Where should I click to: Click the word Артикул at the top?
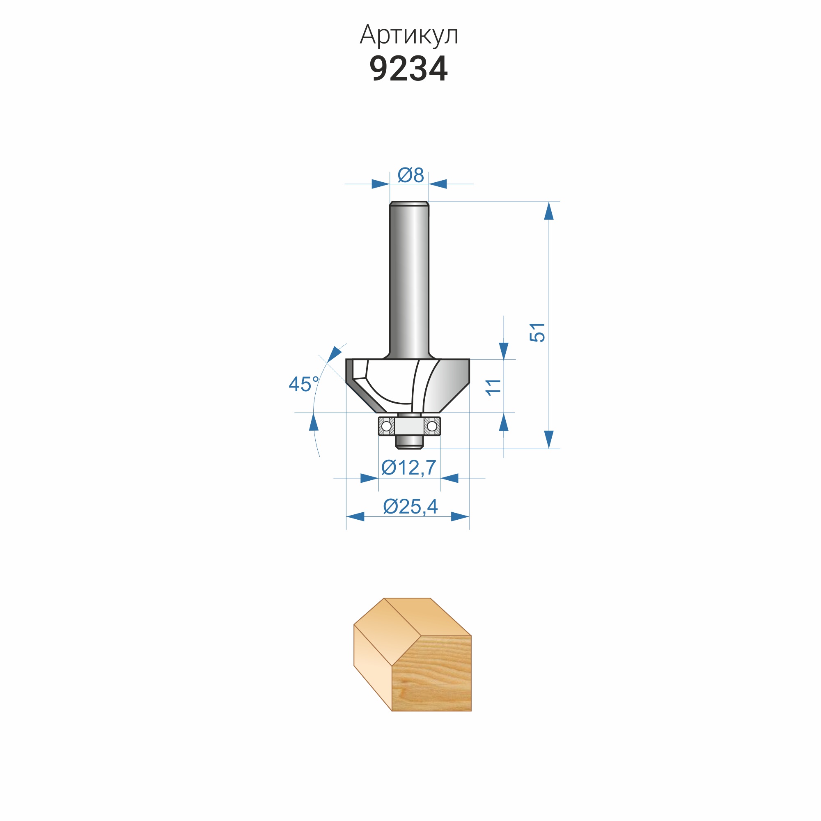[x=409, y=35]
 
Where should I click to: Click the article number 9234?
[x=408, y=69]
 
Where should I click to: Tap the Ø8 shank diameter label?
[x=410, y=175]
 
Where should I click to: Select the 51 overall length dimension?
[x=537, y=333]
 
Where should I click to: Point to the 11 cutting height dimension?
[x=493, y=387]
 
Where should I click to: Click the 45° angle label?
[x=304, y=384]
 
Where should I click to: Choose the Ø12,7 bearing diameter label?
[x=409, y=468]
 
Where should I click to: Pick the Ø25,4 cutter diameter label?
[x=410, y=507]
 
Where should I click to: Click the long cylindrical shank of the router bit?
[x=409, y=280]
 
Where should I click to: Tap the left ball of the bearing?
[x=386, y=426]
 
